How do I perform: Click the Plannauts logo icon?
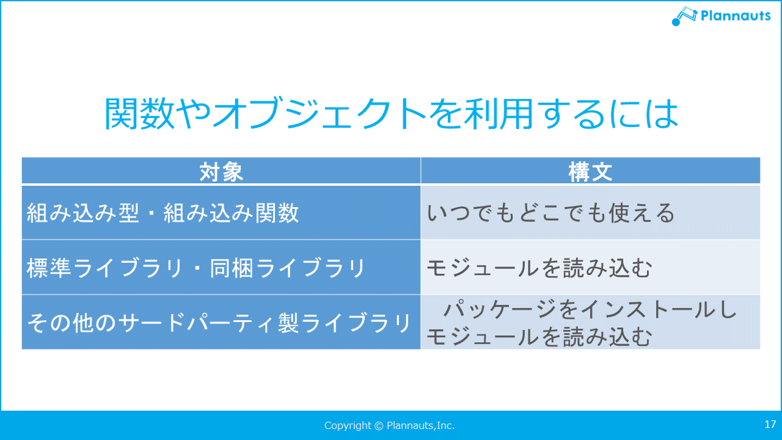(x=684, y=16)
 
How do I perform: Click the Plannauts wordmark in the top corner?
(x=736, y=16)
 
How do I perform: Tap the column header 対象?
(x=221, y=172)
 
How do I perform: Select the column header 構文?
(x=590, y=172)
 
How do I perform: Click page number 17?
(x=770, y=424)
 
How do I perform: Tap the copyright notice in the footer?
(x=389, y=425)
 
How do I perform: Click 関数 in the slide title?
(x=139, y=114)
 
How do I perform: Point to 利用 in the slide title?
(x=499, y=114)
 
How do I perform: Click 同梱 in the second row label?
(x=231, y=268)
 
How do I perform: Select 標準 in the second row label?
(x=48, y=268)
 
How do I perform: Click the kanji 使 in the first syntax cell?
(x=619, y=213)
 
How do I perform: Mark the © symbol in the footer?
(x=379, y=426)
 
